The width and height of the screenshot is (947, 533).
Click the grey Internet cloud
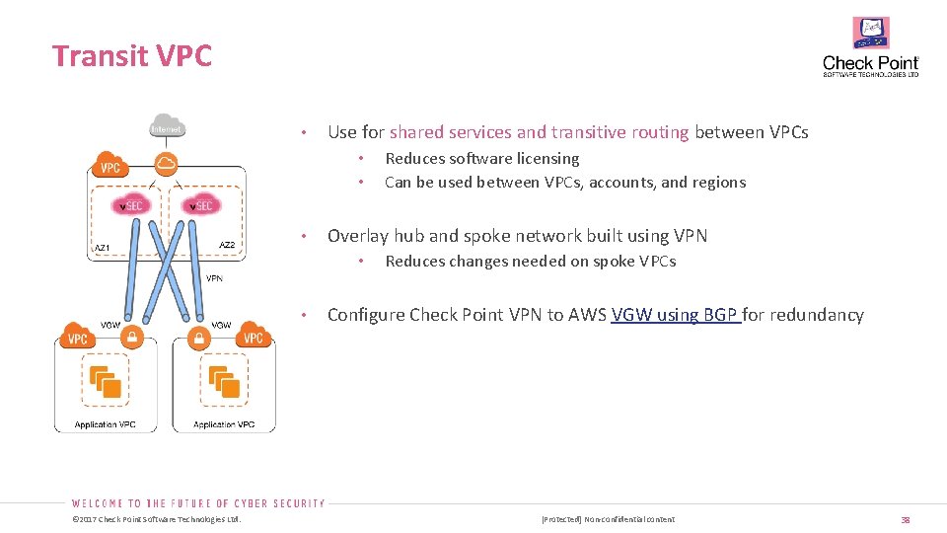167,125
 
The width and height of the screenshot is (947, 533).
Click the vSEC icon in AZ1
130,205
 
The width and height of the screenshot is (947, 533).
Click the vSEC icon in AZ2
202,205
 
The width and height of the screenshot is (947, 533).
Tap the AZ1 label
102,247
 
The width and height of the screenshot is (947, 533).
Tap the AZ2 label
227,245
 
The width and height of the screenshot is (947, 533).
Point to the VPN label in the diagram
214,278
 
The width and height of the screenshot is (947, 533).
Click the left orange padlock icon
130,338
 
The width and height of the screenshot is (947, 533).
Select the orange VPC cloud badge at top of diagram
109,166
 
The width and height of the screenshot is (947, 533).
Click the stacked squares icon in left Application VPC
106,382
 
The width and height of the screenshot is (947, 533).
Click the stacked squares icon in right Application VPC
224,382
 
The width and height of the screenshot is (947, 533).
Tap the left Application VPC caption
106,424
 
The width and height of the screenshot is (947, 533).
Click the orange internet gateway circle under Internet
167,163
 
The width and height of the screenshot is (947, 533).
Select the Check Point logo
871,47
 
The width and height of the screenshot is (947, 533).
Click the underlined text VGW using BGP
675,316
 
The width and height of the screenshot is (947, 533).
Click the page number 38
905,519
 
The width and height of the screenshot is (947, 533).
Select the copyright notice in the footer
157,519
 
